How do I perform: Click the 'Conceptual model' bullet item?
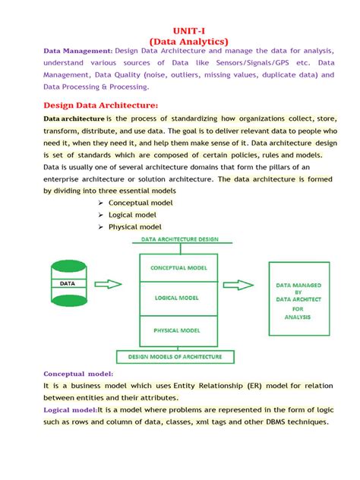point(141,203)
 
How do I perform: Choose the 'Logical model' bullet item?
point(134,215)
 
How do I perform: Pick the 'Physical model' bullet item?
point(134,227)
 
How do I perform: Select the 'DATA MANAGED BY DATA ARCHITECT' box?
point(298,299)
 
